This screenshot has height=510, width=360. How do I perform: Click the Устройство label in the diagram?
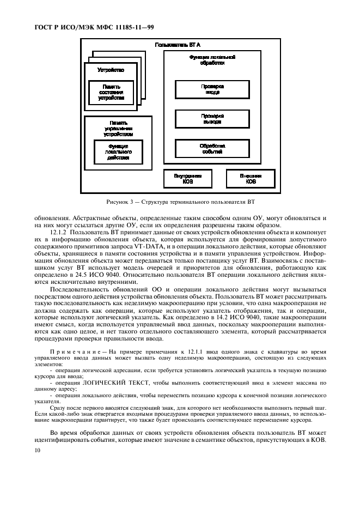coord(111,70)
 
